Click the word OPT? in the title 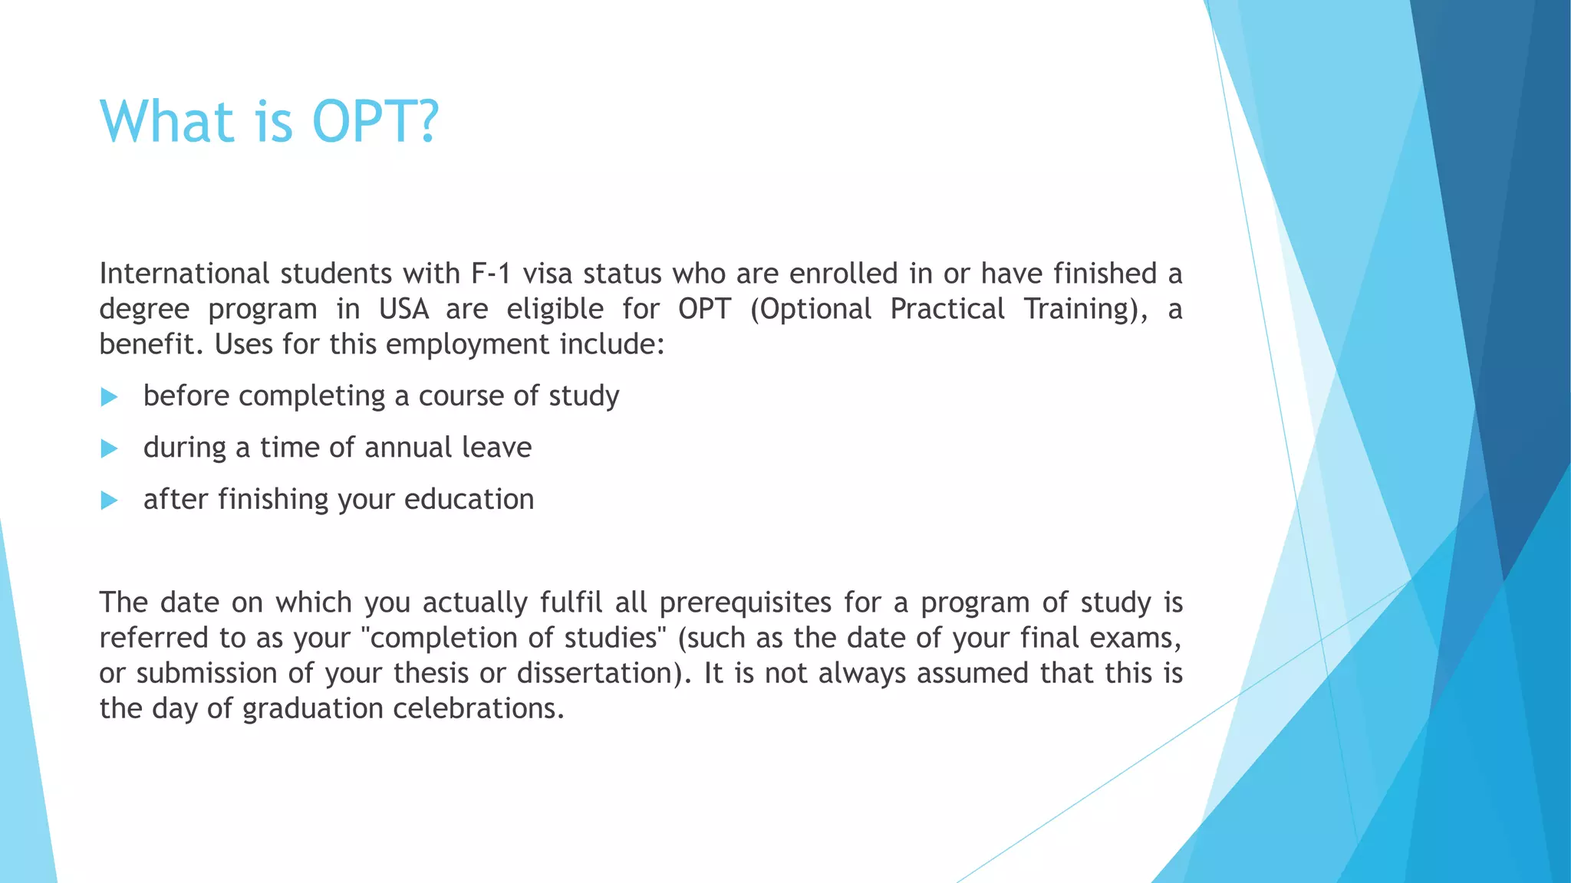click(375, 122)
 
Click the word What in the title click(166, 122)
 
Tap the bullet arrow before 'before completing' click(109, 397)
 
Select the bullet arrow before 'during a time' click(109, 448)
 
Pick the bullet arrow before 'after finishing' click(109, 501)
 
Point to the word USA click(403, 309)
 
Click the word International click(184, 274)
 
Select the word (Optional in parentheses click(811, 309)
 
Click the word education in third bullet click(469, 500)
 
